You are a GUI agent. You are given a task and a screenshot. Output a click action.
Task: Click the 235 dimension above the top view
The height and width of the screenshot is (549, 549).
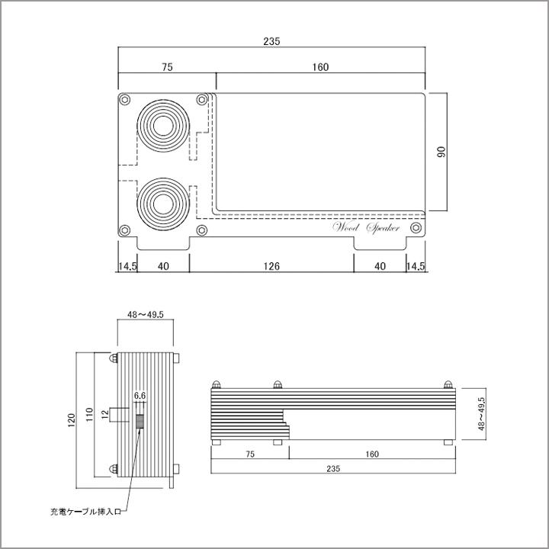272,41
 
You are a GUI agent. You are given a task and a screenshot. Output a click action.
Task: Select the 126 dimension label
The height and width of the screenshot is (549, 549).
271,266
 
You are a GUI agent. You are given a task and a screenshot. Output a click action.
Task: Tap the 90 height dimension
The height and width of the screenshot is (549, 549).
441,151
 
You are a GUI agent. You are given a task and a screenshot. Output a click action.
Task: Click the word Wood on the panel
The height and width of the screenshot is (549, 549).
346,227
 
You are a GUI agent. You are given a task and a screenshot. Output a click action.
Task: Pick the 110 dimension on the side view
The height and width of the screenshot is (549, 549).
90,414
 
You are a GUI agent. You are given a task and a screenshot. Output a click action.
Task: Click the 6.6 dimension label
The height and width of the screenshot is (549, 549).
140,396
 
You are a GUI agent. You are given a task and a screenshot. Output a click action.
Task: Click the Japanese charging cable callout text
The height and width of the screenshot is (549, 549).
84,512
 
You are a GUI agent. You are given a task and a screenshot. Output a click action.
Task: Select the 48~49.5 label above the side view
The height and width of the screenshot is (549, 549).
146,313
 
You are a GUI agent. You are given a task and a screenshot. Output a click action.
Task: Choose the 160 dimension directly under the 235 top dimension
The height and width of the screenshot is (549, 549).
319,67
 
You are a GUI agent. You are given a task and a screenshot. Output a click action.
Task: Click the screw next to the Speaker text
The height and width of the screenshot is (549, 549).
416,228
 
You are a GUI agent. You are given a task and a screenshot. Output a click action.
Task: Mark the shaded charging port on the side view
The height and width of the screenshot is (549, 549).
140,422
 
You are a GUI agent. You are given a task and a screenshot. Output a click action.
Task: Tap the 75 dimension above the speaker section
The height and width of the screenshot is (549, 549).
167,67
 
